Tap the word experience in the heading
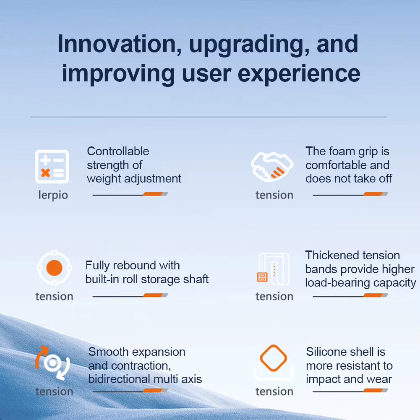pos(299,74)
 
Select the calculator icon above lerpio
pos(52,166)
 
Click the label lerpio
pos(53,195)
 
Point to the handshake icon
pos(272,167)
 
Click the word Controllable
pos(118,151)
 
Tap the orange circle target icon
pos(55,268)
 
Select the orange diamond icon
pos(274,358)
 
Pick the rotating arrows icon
pos(52,363)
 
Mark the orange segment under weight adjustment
pos(153,194)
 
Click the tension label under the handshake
pos(274,195)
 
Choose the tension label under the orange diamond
pos(274,391)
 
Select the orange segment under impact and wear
pos(373,390)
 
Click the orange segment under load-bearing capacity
pos(373,295)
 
